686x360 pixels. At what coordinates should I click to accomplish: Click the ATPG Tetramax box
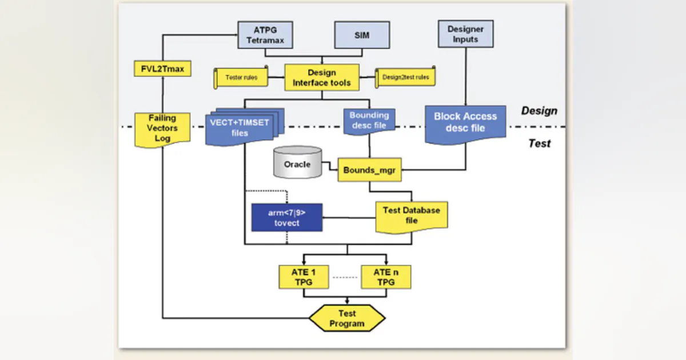[265, 35]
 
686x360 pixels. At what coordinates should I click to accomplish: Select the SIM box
[362, 35]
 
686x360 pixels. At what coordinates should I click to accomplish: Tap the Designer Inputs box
[465, 34]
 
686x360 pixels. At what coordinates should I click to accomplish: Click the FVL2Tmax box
[162, 69]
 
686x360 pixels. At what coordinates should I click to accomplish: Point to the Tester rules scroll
[241, 77]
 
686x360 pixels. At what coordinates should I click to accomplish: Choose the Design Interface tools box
[322, 77]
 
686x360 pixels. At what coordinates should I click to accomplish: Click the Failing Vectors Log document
[162, 129]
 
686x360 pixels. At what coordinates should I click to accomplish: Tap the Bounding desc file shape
[369, 121]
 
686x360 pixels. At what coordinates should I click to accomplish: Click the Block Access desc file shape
[465, 122]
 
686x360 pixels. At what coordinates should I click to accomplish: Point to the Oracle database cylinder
[297, 163]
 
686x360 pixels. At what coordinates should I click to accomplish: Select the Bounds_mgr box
[369, 170]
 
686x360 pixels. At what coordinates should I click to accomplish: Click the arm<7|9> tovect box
[286, 217]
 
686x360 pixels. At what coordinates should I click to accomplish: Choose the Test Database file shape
[411, 215]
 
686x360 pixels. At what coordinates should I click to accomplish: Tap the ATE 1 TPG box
[303, 277]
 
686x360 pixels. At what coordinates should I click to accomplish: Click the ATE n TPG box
[386, 277]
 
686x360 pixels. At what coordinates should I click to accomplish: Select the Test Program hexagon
[347, 318]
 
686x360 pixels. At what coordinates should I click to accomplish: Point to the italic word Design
[539, 111]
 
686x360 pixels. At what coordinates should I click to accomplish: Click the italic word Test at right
[539, 143]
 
